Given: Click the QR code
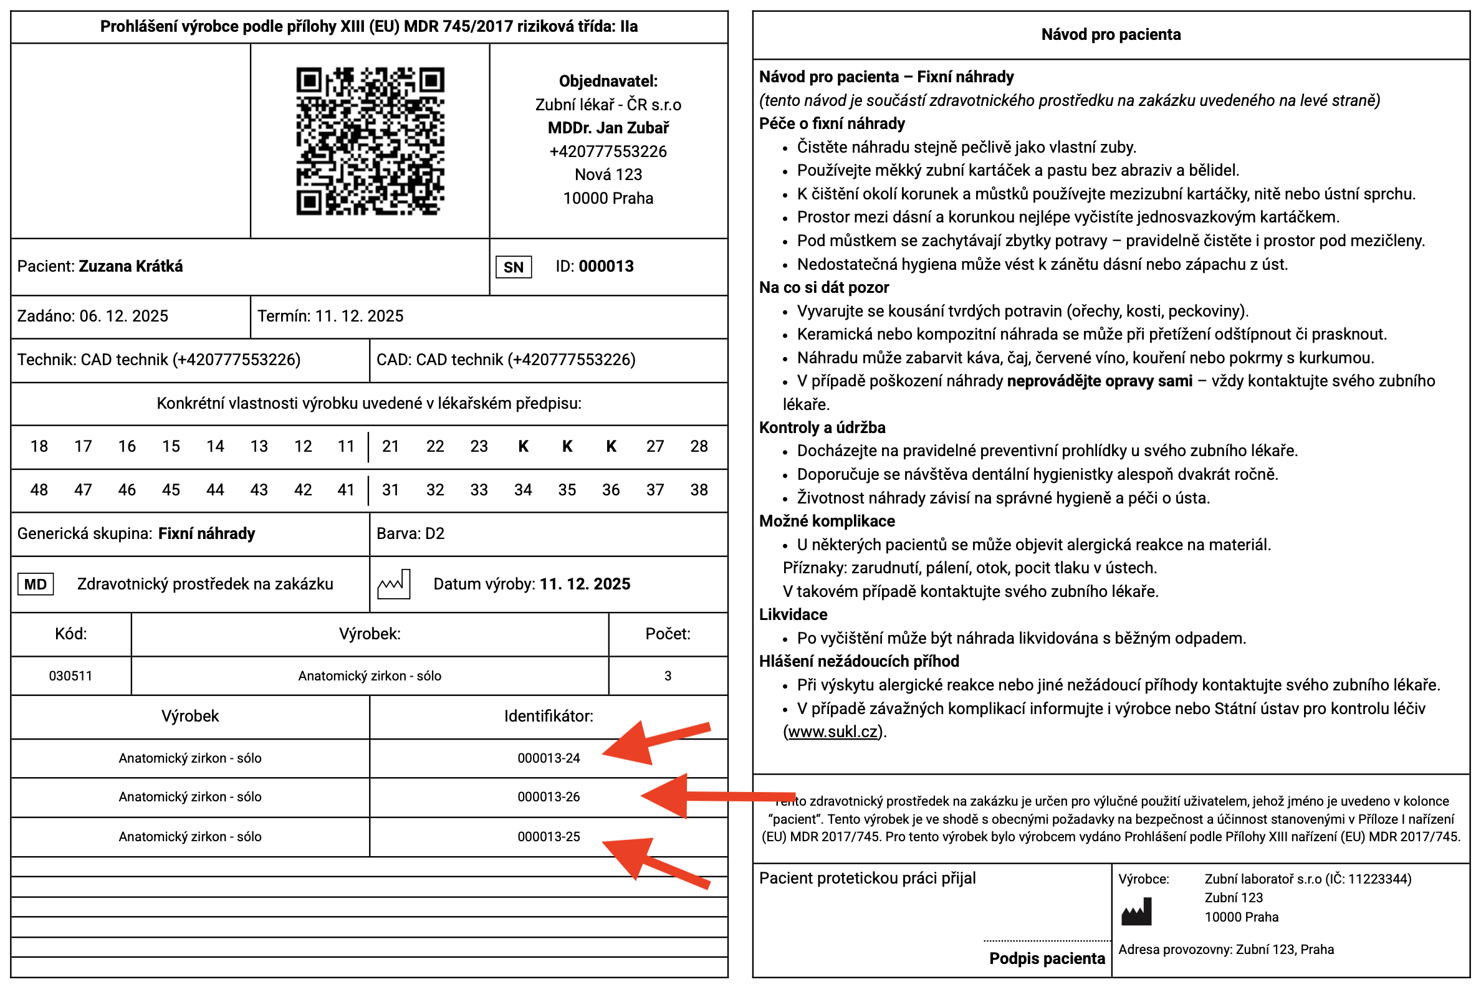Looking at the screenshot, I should pos(370,141).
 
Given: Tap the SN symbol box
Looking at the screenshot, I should pos(513,267).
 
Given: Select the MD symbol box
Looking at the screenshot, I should pos(36,584).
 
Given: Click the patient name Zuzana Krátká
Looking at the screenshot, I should pos(130,266).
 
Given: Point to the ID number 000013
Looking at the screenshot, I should pos(606,266).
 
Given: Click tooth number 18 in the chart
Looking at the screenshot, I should pos(39,447).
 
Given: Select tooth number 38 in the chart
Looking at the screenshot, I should pos(699,490).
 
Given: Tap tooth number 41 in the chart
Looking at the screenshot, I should pos(345,490).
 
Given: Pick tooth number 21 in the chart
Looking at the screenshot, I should pos(390,447).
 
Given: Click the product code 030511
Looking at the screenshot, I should pos(71,676).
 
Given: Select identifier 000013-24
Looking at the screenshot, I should pos(549,758).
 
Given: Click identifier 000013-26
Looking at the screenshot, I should pos(549,797).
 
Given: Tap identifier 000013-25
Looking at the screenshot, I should pos(549,837).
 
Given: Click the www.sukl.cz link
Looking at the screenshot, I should pos(833,732).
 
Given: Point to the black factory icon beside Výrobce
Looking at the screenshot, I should pos(1136,912).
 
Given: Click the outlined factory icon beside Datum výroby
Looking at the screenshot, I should pos(394,584).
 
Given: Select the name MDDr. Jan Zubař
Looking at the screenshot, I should pos(608,128).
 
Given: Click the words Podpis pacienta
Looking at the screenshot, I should pos(1047,958).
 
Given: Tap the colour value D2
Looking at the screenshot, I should pos(435,534).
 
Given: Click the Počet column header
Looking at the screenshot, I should pos(668,634).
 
